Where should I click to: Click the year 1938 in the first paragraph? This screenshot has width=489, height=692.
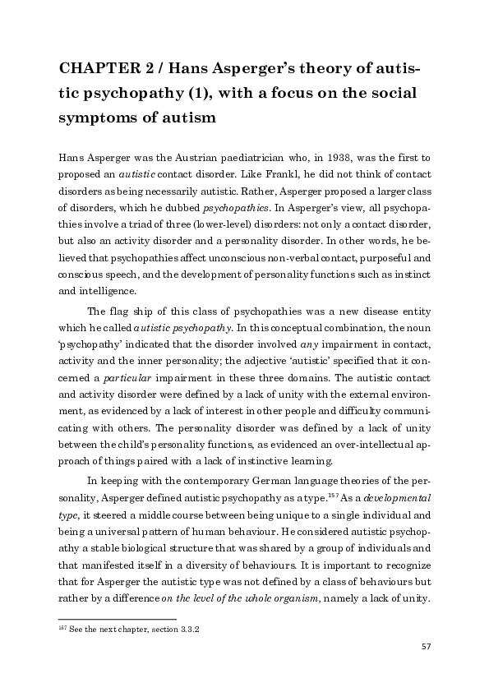click(x=346, y=156)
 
